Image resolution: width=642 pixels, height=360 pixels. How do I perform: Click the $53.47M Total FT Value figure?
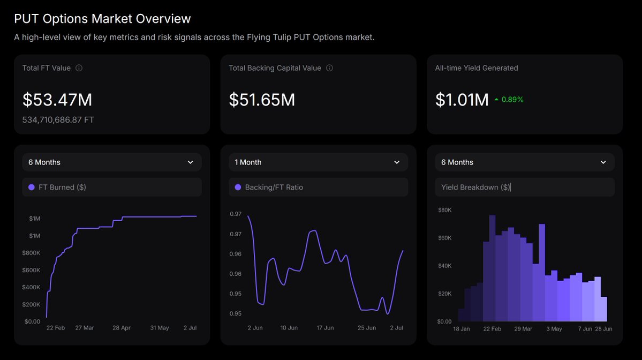click(57, 100)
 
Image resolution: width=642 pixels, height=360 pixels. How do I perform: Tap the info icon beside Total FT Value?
click(79, 68)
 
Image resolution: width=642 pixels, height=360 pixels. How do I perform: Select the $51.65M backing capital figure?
click(262, 100)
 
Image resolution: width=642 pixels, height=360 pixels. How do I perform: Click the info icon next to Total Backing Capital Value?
click(330, 68)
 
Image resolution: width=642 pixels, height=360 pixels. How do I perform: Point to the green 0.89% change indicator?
click(509, 100)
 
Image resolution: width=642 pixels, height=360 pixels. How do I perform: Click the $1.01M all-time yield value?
click(462, 100)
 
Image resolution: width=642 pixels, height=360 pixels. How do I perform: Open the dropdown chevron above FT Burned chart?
click(191, 162)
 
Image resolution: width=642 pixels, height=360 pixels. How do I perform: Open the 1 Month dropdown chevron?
click(397, 162)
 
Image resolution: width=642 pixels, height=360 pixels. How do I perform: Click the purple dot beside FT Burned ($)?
click(32, 187)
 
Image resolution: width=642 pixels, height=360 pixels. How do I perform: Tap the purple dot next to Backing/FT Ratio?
click(238, 187)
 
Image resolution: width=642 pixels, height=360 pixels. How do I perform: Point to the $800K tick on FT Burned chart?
click(31, 253)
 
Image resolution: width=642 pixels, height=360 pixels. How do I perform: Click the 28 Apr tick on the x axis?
click(122, 328)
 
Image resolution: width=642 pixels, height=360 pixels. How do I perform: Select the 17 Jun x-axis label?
click(325, 328)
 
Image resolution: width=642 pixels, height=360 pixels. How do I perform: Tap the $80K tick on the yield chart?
click(444, 210)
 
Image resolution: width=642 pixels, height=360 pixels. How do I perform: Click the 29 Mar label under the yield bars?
click(523, 329)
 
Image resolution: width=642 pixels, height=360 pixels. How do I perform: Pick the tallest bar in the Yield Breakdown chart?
click(492, 268)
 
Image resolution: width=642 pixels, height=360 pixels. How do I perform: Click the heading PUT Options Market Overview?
click(102, 19)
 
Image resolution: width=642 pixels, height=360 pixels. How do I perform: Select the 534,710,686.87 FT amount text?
click(58, 120)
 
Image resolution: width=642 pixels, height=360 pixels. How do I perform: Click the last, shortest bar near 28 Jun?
click(604, 309)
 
